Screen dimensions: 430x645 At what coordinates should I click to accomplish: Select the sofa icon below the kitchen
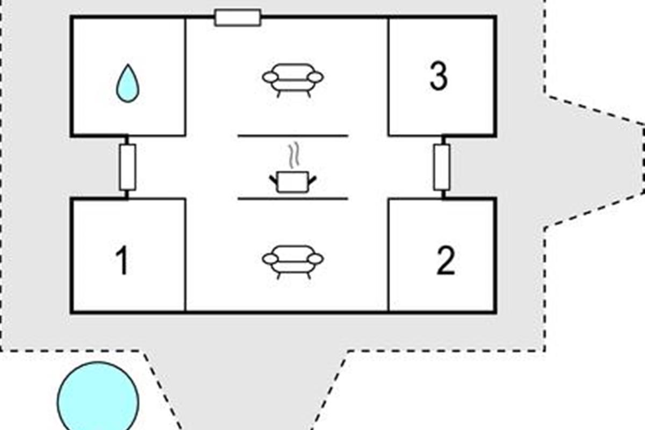[293, 261]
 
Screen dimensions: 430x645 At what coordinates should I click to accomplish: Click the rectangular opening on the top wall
[238, 17]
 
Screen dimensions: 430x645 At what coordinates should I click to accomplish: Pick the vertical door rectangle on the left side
[127, 167]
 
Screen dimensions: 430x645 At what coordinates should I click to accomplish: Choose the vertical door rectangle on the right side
[442, 167]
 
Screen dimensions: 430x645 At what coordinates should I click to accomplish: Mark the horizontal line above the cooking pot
[293, 136]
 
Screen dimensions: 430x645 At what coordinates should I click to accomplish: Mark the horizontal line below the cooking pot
[293, 199]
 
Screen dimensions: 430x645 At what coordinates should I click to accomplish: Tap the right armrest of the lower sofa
[316, 259]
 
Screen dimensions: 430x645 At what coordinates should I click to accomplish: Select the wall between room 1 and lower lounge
[185, 255]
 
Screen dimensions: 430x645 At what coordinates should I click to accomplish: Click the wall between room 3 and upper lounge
[388, 76]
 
